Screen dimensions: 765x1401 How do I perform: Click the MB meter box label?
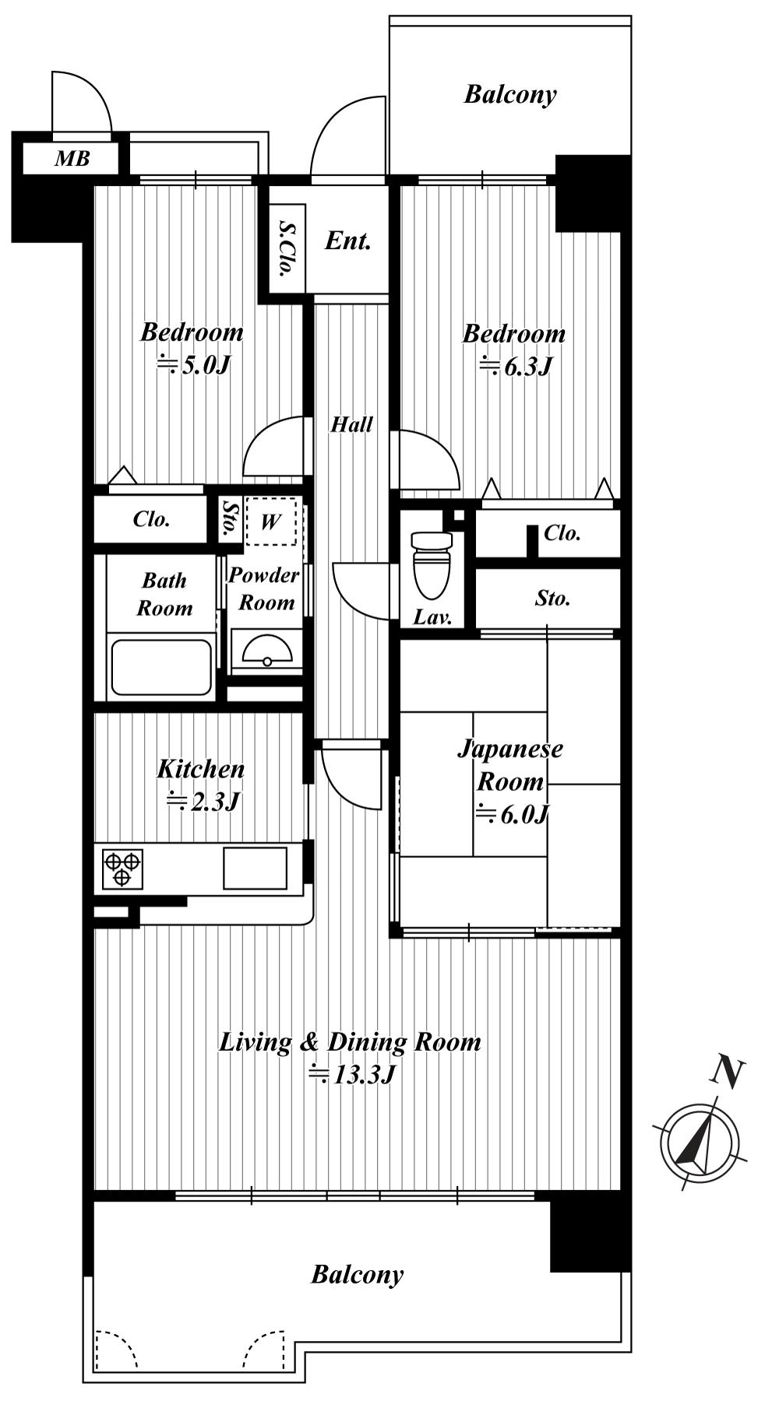(x=72, y=159)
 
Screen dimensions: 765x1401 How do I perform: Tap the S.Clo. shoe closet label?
(x=286, y=249)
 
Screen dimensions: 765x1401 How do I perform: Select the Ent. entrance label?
(x=347, y=241)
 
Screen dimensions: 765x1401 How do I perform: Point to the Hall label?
(x=351, y=424)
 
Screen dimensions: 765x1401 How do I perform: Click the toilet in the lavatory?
(x=432, y=564)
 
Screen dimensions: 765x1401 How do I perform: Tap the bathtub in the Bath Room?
(x=161, y=667)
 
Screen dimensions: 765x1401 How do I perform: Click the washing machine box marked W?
(x=271, y=521)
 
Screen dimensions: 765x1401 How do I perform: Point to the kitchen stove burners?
(x=122, y=869)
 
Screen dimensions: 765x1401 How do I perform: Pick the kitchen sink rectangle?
(x=255, y=867)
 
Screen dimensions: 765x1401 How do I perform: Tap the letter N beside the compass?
(x=727, y=1073)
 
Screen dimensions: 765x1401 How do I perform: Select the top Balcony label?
(x=510, y=94)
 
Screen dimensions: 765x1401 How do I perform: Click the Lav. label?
(x=432, y=617)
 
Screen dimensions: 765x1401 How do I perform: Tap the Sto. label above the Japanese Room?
(x=553, y=598)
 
